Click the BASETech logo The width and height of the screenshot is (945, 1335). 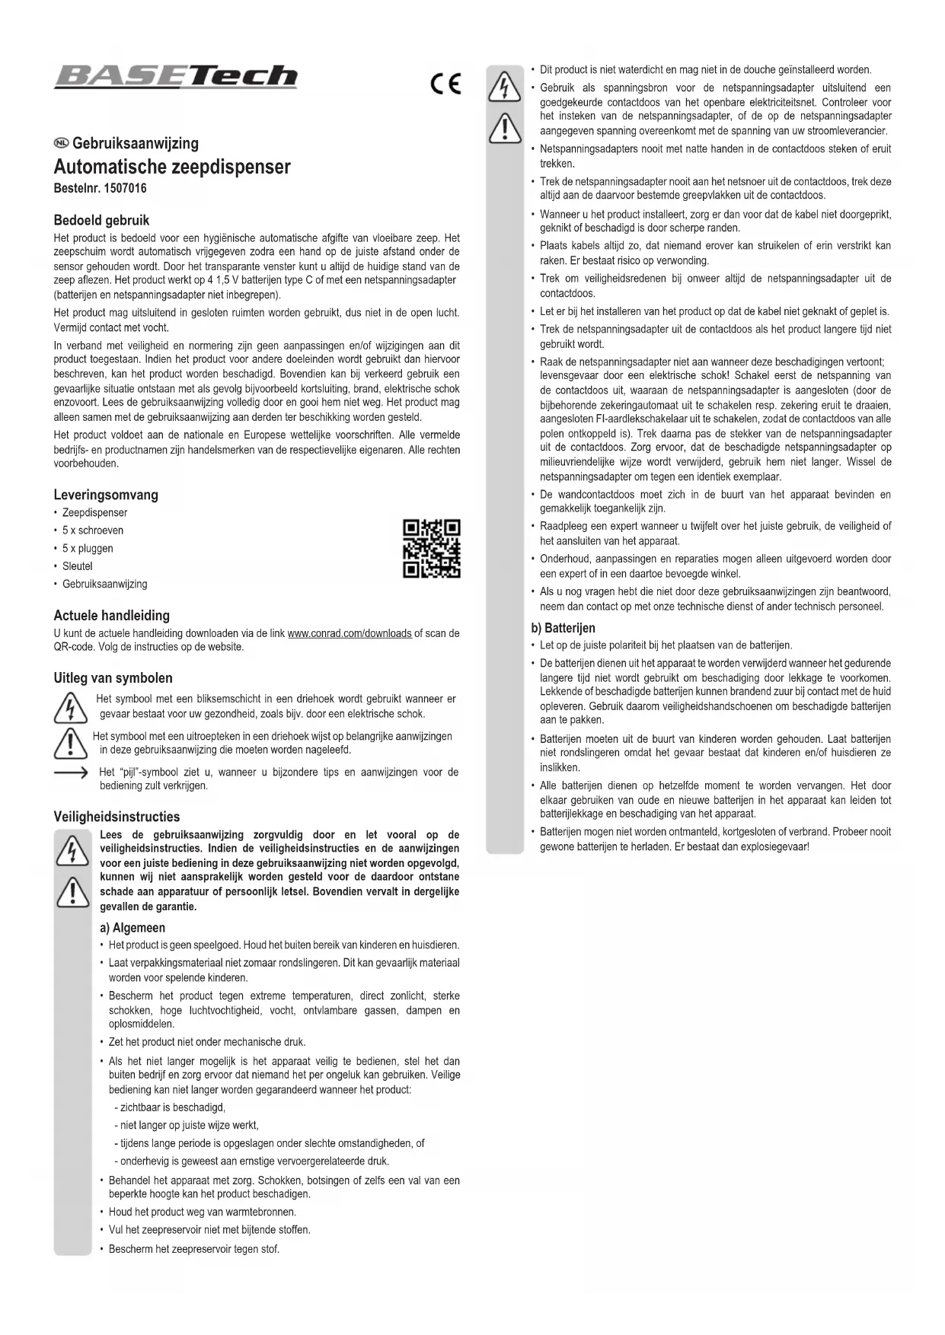click(x=175, y=77)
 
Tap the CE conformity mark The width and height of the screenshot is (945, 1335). click(x=445, y=84)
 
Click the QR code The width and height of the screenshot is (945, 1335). click(x=431, y=549)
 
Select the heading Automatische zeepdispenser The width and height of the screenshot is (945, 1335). click(x=172, y=167)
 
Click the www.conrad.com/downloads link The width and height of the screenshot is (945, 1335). click(x=350, y=633)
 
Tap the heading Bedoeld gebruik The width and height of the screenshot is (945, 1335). click(x=101, y=221)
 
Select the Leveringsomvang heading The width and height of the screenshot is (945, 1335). click(x=106, y=495)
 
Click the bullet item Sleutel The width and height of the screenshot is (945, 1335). click(x=77, y=566)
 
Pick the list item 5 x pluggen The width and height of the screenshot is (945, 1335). click(x=88, y=548)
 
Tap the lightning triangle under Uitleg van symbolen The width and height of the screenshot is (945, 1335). click(x=69, y=707)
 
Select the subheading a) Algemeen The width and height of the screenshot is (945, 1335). click(x=132, y=928)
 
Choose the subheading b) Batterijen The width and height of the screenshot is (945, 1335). click(x=563, y=628)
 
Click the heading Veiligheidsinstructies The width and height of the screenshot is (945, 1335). click(x=117, y=817)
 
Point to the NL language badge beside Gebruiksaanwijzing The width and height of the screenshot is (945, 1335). click(x=61, y=144)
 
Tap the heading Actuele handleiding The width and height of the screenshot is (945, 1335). click(x=111, y=616)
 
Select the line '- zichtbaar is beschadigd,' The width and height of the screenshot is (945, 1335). click(x=169, y=1107)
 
